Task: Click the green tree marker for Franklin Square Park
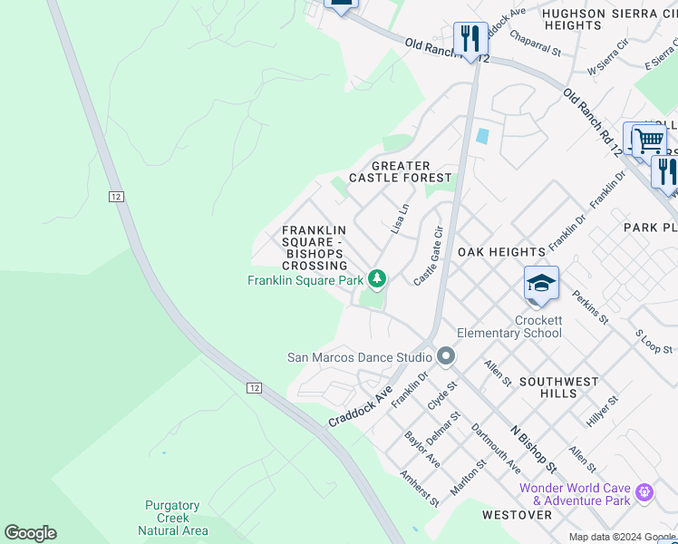(377, 279)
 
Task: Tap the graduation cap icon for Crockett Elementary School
(540, 285)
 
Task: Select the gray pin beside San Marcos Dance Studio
(445, 356)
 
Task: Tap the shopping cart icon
(647, 141)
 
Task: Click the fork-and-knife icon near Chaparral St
(470, 39)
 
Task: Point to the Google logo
(30, 533)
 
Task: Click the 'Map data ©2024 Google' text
(621, 537)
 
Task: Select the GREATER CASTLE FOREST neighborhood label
(400, 171)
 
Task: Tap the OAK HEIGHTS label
(501, 251)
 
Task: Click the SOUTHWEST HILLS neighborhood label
(560, 387)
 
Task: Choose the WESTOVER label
(517, 514)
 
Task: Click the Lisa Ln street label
(400, 219)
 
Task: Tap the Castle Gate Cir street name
(430, 257)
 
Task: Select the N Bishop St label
(533, 450)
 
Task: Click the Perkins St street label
(590, 307)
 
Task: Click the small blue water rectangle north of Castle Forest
(482, 136)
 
